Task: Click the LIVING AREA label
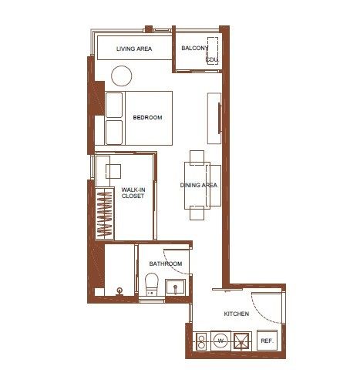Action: [x=134, y=49]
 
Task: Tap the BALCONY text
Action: [x=195, y=48]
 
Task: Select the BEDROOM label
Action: [x=147, y=118]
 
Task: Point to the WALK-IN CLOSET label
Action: [x=133, y=193]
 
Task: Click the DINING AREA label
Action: [x=199, y=185]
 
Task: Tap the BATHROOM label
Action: [x=166, y=263]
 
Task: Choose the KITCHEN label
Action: [x=237, y=314]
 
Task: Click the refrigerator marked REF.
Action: [x=267, y=341]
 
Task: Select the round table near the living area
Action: [x=122, y=76]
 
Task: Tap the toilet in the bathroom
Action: [x=151, y=284]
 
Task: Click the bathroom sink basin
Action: [x=175, y=287]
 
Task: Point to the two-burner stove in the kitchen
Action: [x=201, y=341]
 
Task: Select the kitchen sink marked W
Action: [x=220, y=341]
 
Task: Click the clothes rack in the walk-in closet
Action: [x=105, y=213]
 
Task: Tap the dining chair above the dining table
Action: [x=197, y=158]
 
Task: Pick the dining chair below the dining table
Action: [x=197, y=213]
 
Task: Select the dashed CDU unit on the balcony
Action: [x=213, y=51]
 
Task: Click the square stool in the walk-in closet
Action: [x=113, y=171]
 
